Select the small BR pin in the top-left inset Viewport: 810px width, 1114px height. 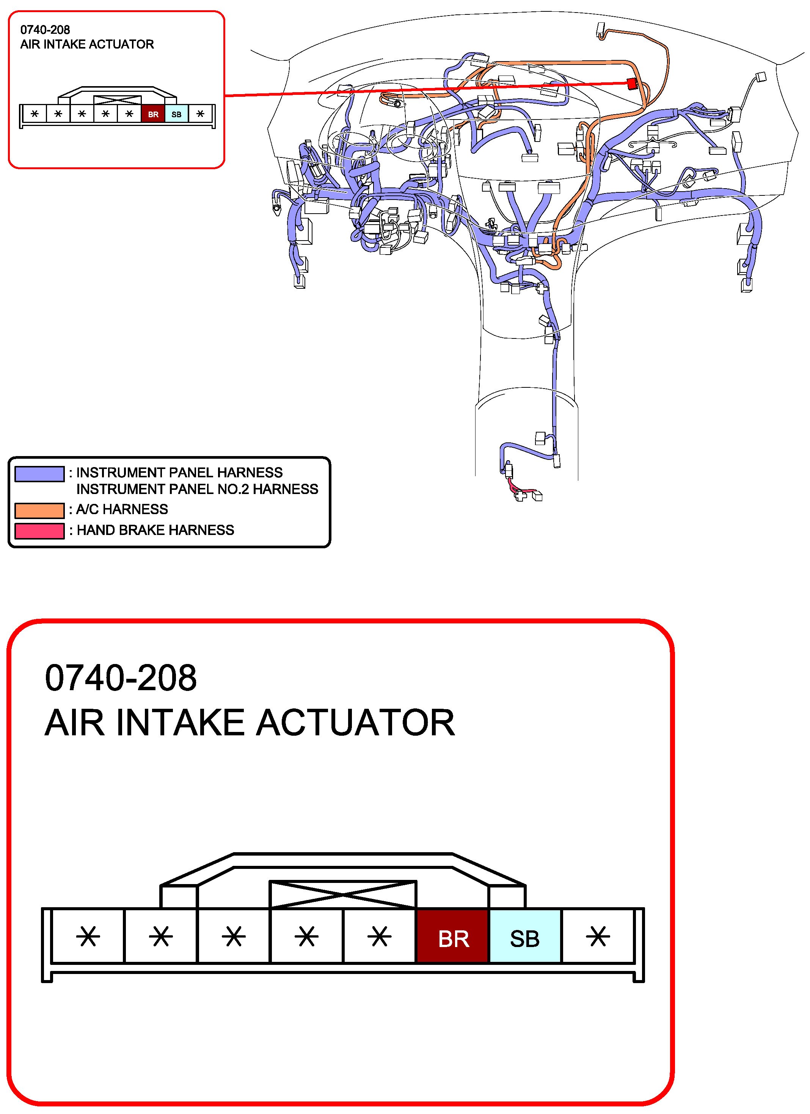(153, 115)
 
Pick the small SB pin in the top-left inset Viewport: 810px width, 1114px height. (177, 115)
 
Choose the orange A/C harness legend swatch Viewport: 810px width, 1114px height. (39, 510)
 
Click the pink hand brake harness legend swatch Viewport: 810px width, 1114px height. (39, 531)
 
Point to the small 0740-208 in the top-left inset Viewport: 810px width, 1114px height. (45, 30)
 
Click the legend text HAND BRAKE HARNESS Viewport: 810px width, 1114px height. (155, 530)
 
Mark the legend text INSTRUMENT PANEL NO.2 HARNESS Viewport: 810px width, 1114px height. (197, 489)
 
